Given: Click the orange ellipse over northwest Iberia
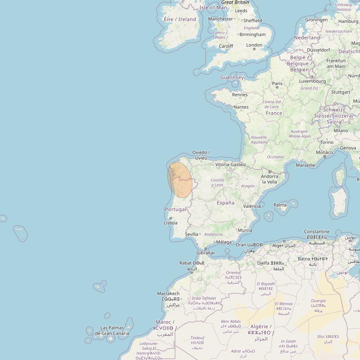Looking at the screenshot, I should (x=180, y=180).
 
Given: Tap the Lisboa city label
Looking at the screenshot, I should (x=171, y=223).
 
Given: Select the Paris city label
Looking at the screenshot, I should (x=278, y=84).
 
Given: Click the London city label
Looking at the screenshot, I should (x=254, y=45).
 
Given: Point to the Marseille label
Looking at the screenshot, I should (x=305, y=165).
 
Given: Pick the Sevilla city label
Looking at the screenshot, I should (x=191, y=234).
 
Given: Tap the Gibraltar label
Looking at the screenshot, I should (x=206, y=253).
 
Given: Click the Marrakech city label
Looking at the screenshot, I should (x=168, y=293).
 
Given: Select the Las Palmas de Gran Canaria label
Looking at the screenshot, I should (x=112, y=331).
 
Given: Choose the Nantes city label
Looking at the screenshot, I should (x=241, y=107).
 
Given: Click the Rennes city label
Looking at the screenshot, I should (x=240, y=95).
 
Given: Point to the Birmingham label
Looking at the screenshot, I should (x=252, y=34).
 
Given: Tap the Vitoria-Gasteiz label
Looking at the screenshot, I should (x=231, y=164).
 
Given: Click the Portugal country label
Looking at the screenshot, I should (x=176, y=209).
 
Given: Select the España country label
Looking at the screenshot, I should (x=226, y=203).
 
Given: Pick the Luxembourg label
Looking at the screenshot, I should (x=312, y=81).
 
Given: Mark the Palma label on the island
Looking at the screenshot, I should (x=280, y=205).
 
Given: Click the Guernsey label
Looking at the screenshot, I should (x=232, y=77).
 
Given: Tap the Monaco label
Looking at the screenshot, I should (x=324, y=152).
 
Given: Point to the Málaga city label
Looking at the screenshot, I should (x=224, y=242).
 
